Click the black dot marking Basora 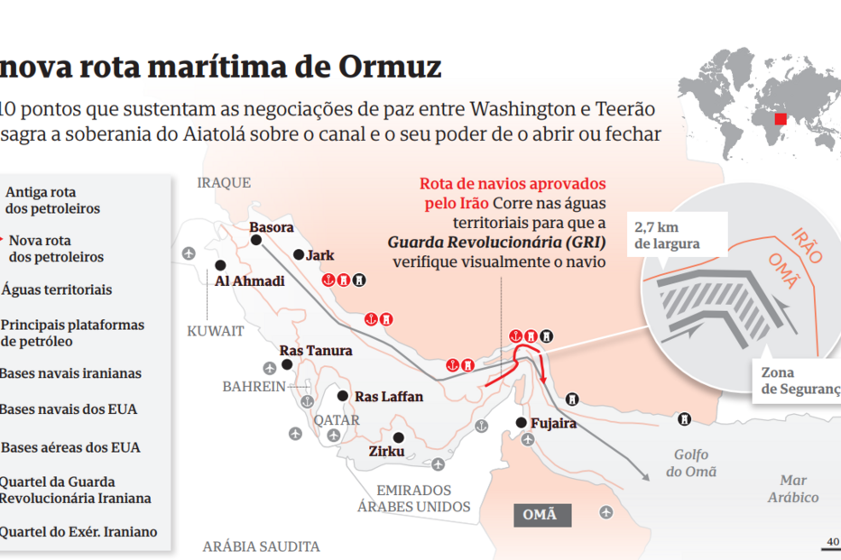tap(255, 241)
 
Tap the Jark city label tap(319, 256)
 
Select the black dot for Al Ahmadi tap(219, 265)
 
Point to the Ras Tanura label tap(316, 351)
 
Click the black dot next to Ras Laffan tap(342, 395)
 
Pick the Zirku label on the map tap(387, 451)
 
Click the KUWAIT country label tap(216, 331)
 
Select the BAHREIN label tap(254, 387)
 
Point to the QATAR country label tap(337, 420)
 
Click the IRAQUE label tap(224, 183)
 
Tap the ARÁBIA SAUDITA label tap(261, 546)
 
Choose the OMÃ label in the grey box tap(541, 515)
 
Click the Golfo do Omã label tap(691, 464)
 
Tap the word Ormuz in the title tap(390, 67)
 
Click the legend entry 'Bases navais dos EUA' tap(68, 409)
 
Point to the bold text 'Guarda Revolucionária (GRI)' tap(496, 243)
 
